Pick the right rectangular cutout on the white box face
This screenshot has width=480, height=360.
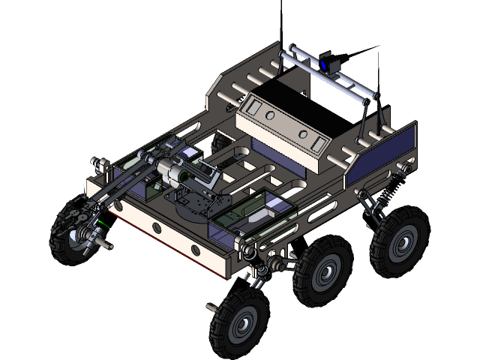coord(320,142)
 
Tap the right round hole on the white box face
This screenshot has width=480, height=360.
coord(303,133)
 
